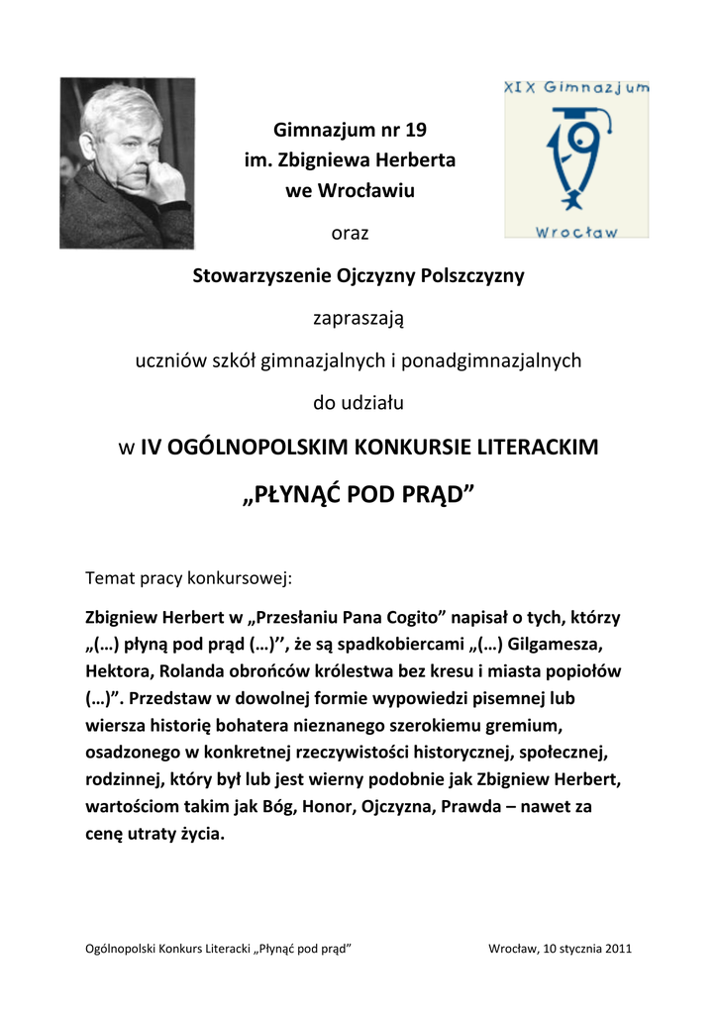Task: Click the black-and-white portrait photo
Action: pos(127,162)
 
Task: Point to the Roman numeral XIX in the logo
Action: pos(522,87)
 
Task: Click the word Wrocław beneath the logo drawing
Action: pos(576,231)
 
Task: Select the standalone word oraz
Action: pos(350,234)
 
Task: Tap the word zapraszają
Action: pos(359,319)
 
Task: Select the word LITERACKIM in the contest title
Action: pos(540,447)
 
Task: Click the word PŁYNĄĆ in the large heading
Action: pos(295,494)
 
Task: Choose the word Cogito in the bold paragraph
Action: pos(412,618)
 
